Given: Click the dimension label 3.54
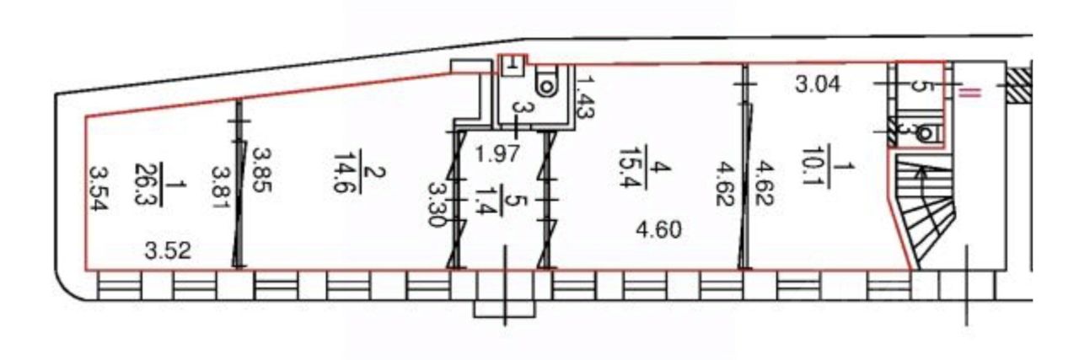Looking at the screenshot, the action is (x=99, y=189).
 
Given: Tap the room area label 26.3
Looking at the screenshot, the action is (x=144, y=185).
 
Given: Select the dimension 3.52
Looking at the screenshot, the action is (x=168, y=250).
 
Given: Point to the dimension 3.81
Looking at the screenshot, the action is (x=221, y=188).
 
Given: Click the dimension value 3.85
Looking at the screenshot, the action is (x=262, y=170).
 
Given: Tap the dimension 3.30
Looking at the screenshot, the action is (x=438, y=204).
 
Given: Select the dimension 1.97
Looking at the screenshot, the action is (x=497, y=154).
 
